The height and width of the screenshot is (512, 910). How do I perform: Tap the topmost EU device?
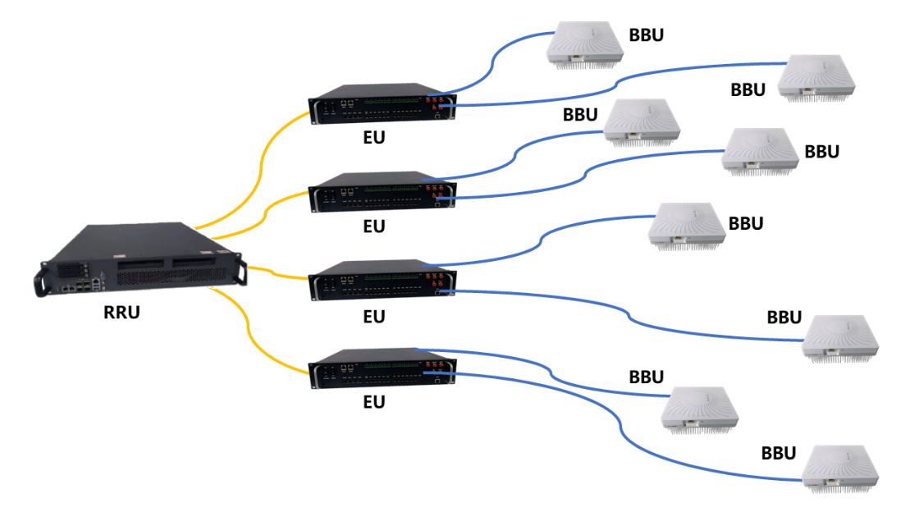pyautogui.click(x=382, y=105)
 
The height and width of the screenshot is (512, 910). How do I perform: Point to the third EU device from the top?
pyautogui.click(x=382, y=280)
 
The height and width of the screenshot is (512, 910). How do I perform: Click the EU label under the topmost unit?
pyautogui.click(x=374, y=136)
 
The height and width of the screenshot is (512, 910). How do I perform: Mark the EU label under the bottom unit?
pyautogui.click(x=374, y=403)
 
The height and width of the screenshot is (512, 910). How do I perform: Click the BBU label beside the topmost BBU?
pyautogui.click(x=647, y=35)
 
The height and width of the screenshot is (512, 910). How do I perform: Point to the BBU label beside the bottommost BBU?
pyautogui.click(x=779, y=453)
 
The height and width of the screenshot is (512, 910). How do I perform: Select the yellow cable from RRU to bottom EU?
pyautogui.click(x=254, y=341)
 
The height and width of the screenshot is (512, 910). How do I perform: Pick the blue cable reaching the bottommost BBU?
pyautogui.click(x=640, y=447)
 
